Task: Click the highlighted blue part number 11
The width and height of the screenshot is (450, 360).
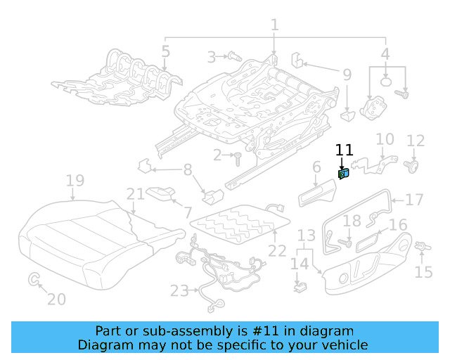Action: click(x=344, y=173)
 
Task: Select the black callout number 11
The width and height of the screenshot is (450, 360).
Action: click(x=344, y=150)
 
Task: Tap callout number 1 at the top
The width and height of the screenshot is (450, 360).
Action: click(x=274, y=25)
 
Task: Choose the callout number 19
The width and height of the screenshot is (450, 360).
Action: click(x=75, y=181)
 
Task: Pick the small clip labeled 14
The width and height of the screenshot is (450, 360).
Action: click(x=300, y=286)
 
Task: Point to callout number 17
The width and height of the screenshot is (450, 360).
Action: click(x=414, y=200)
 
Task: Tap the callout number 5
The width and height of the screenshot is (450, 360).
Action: click(x=165, y=51)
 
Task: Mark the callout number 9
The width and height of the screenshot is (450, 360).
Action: click(x=347, y=74)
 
